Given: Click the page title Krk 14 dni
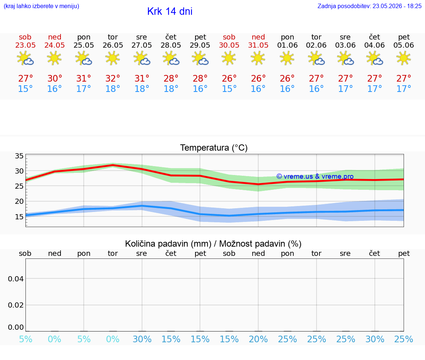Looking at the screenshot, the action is point(170,11).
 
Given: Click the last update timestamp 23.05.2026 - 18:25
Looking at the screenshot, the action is point(397,6).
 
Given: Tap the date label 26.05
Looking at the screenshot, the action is point(113,45).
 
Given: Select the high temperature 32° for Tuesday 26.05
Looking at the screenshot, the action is point(113,78).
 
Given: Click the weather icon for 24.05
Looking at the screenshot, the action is point(54,58).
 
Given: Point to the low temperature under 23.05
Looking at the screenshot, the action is point(25,89).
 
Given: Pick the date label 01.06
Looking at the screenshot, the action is point(287,45).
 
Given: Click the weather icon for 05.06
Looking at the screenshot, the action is point(404,58).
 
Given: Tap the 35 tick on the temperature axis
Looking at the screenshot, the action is point(19,156).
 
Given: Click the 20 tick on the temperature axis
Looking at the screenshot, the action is point(19,201).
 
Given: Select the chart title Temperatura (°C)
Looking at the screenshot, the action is point(214,148).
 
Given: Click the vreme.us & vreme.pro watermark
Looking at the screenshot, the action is point(315,176).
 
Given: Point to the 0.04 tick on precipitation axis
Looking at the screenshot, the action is point(16,279).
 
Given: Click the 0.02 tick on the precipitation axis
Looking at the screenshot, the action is point(16,305).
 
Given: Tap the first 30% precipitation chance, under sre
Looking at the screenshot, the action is point(142,339).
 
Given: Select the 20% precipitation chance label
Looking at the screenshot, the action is point(258,339).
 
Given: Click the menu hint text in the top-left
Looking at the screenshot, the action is point(41,6).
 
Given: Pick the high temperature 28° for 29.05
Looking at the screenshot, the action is point(200,78).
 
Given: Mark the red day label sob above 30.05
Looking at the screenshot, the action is point(229,37).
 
